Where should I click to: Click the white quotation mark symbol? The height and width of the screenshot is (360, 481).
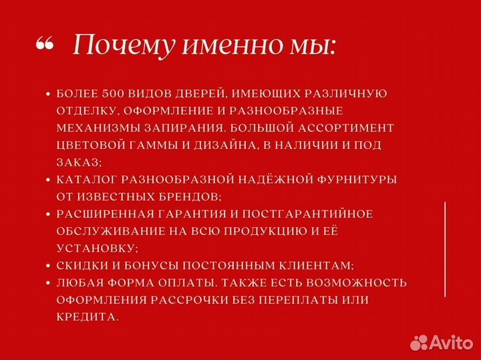[44, 45]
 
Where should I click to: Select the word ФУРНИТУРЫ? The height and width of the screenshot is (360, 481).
[357, 180]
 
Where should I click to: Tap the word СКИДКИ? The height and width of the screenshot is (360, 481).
[81, 266]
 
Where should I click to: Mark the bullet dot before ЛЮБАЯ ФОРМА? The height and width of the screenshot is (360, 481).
[48, 283]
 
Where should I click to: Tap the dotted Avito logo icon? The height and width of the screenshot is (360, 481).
[419, 343]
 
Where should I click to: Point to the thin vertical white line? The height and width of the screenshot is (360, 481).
[446, 248]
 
